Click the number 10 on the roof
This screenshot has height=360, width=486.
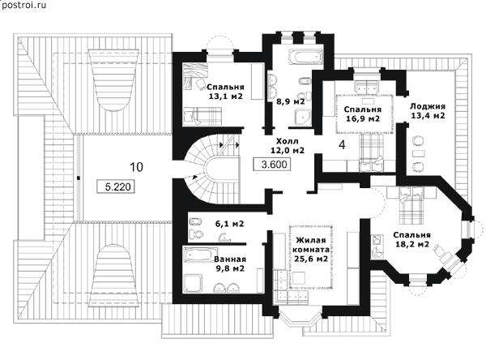[137, 167]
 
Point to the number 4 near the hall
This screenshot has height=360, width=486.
[342, 145]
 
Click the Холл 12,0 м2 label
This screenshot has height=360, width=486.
[286, 144]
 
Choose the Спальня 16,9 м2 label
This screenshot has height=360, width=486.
[361, 114]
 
